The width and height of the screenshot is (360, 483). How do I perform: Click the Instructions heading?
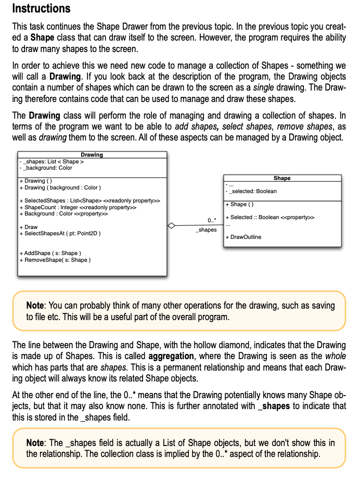(x=41, y=9)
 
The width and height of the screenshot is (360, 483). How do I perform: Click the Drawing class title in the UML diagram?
(x=92, y=155)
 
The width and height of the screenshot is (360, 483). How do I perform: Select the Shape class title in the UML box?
(x=281, y=178)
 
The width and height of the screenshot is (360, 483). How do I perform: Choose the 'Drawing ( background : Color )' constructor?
(x=59, y=187)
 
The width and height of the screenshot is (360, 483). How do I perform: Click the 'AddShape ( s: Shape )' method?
(x=49, y=253)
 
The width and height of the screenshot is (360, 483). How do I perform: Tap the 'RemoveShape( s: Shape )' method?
(x=54, y=260)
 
